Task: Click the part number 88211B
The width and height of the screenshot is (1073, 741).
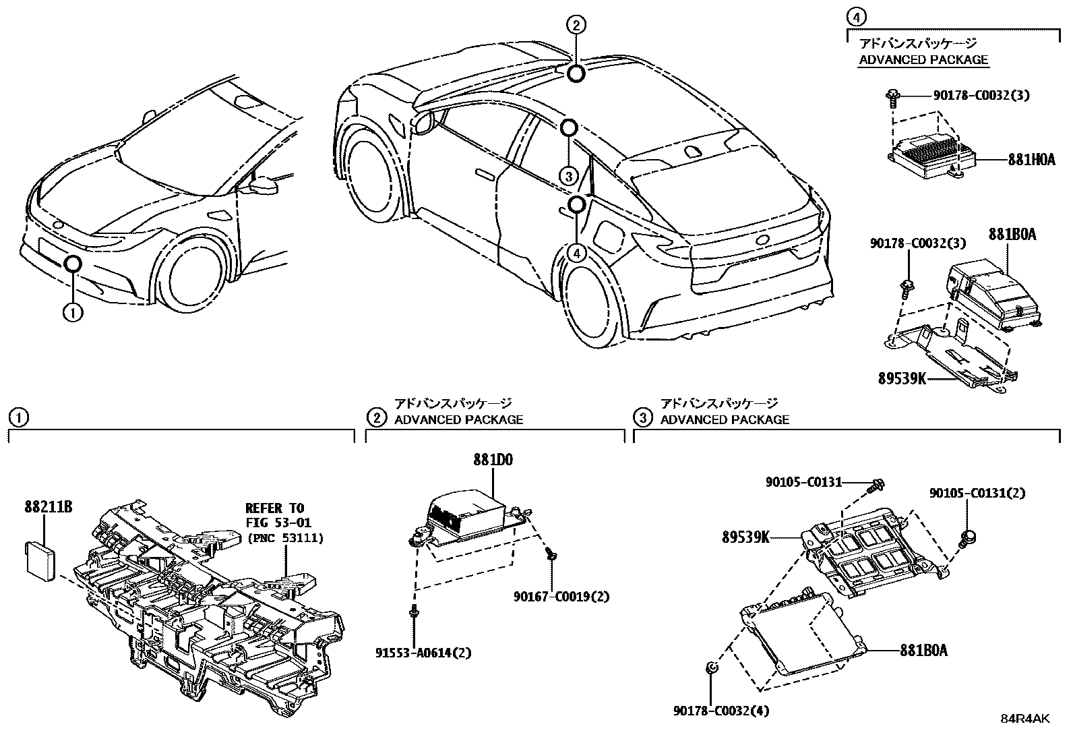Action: tap(49, 506)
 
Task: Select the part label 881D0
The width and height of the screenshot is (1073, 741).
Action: tap(492, 460)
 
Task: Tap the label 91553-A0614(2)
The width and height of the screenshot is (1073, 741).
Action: tap(423, 653)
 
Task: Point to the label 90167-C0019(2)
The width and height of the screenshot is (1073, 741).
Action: tap(561, 597)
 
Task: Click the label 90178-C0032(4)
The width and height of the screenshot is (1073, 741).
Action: tap(721, 710)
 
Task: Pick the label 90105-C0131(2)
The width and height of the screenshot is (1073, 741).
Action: tap(977, 494)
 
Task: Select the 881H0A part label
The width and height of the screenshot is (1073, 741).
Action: tap(1031, 160)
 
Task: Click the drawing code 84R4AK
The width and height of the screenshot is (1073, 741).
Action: tap(1024, 719)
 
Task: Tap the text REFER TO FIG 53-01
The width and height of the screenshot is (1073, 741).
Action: tap(274, 514)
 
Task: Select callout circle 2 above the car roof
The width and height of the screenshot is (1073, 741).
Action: tap(575, 26)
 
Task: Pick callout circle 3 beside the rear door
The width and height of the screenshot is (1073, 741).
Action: tap(570, 177)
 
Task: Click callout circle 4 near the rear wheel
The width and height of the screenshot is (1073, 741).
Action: tap(576, 253)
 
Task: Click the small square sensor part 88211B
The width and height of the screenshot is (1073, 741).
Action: tap(41, 557)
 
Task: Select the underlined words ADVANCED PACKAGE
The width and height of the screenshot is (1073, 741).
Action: tap(923, 59)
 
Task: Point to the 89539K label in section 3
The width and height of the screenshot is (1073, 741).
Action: tap(745, 537)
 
